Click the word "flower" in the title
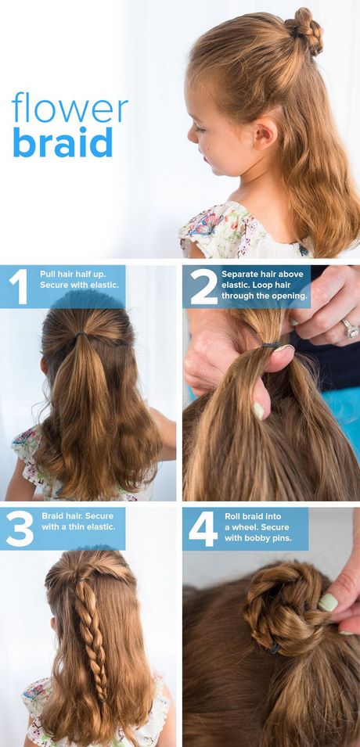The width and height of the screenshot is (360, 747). click(x=70, y=107)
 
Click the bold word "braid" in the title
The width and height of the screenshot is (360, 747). click(x=63, y=141)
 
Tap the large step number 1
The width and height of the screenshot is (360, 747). click(x=19, y=287)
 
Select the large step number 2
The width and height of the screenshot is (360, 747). click(x=204, y=287)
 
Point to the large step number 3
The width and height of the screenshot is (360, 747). click(x=20, y=529)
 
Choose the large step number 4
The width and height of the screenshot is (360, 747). click(x=203, y=529)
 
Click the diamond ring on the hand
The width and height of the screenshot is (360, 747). click(x=351, y=328)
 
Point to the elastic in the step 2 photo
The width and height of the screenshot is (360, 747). click(x=271, y=344)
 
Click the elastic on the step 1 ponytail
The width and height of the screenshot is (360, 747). click(x=82, y=334)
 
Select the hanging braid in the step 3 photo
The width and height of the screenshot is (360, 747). click(x=90, y=638)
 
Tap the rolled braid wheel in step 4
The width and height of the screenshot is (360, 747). click(x=278, y=605)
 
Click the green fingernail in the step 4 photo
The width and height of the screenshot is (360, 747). click(x=328, y=602)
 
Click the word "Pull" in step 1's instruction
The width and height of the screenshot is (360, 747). click(x=49, y=275)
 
